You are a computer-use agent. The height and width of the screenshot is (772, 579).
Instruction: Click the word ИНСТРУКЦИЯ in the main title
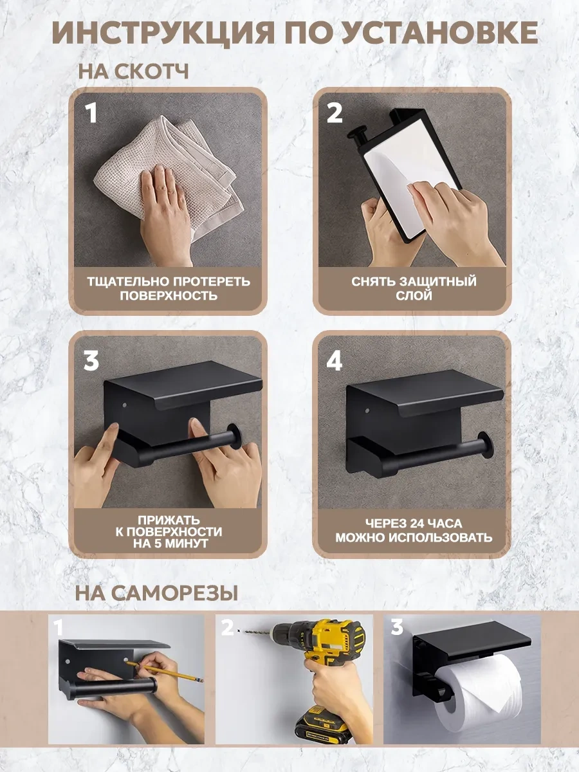(163, 33)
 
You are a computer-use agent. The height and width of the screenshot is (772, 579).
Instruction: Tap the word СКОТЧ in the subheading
(152, 71)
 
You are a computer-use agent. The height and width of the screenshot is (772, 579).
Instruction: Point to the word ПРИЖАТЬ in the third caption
(169, 520)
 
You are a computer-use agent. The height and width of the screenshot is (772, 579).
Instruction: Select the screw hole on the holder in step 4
(367, 410)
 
